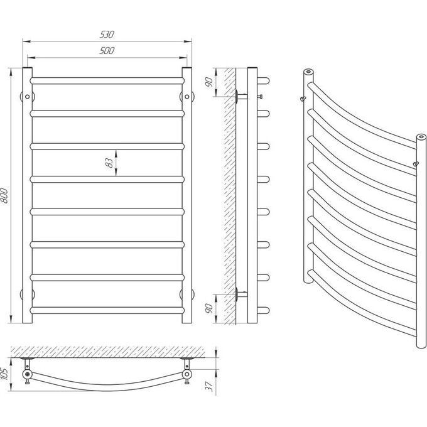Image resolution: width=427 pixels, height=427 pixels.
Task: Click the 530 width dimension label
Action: pyautogui.click(x=107, y=35)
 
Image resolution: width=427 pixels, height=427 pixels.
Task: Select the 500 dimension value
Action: pyautogui.click(x=107, y=51)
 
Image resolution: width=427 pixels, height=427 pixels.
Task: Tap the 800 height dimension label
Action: pyautogui.click(x=4, y=195)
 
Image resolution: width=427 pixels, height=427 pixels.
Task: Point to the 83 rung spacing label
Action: pyautogui.click(x=109, y=163)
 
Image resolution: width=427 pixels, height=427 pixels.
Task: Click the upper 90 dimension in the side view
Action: pyautogui.click(x=209, y=82)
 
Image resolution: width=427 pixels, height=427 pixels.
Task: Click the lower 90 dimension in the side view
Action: pyautogui.click(x=209, y=308)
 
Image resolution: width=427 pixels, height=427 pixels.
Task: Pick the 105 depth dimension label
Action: pyautogui.click(x=4, y=375)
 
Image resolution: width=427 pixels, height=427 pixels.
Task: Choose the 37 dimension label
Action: pyautogui.click(x=209, y=386)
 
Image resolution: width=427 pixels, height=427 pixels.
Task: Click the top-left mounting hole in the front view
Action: pyautogui.click(x=27, y=97)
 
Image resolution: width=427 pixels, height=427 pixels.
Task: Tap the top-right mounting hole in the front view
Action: pyautogui.click(x=187, y=97)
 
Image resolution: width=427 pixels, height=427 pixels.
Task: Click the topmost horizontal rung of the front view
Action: pyautogui.click(x=107, y=80)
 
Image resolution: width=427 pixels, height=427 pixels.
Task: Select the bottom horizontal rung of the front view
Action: pyautogui.click(x=107, y=310)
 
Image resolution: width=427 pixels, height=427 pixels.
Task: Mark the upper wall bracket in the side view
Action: pyautogui.click(x=241, y=97)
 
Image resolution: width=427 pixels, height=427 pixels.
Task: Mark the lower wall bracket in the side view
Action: pyautogui.click(x=241, y=294)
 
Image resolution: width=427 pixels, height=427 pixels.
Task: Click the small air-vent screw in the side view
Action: pyautogui.click(x=260, y=97)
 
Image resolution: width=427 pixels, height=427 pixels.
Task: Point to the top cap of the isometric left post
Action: pyautogui.click(x=308, y=72)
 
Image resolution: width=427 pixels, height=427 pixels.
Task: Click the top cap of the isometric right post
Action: pyautogui.click(x=421, y=137)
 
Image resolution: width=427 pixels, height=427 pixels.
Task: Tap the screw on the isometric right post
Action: pyautogui.click(x=416, y=163)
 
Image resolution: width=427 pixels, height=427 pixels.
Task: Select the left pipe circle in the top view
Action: pyautogui.click(x=27, y=374)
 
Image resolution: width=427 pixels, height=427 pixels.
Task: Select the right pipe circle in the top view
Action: pyautogui.click(x=187, y=374)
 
